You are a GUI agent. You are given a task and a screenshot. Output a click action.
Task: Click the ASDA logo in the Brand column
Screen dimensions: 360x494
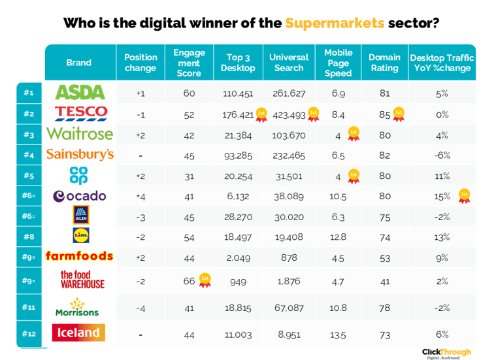coord(79,93)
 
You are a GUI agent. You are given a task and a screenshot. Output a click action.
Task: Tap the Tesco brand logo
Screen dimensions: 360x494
coord(79,114)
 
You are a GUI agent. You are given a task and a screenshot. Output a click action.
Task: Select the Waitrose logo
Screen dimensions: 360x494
coord(80,135)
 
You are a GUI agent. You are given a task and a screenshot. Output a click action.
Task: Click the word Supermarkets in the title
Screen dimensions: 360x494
coord(335,23)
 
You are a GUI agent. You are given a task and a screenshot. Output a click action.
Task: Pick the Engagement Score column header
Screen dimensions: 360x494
coord(189,63)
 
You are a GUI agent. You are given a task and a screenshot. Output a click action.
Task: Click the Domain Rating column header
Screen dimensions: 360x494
coord(384,63)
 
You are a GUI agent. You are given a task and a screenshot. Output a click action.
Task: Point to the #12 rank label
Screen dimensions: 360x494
coord(29,333)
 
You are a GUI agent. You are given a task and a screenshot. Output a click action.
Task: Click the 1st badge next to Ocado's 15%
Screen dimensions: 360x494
coord(464,195)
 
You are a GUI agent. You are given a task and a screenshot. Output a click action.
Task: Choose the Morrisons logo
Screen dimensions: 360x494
coord(78,308)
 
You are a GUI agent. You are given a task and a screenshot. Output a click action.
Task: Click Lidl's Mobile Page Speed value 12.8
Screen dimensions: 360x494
coord(338,237)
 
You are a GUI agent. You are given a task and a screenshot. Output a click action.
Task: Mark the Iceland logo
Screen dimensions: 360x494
coord(79,333)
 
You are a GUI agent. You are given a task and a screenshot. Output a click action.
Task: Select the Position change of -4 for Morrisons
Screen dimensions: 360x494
coord(140,308)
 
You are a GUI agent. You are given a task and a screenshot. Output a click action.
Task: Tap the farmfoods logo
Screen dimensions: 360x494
coord(79,257)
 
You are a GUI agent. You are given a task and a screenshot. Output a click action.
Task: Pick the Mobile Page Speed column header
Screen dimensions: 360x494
coord(338,63)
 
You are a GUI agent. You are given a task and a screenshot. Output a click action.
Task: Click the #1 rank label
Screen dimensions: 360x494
coord(29,93)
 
